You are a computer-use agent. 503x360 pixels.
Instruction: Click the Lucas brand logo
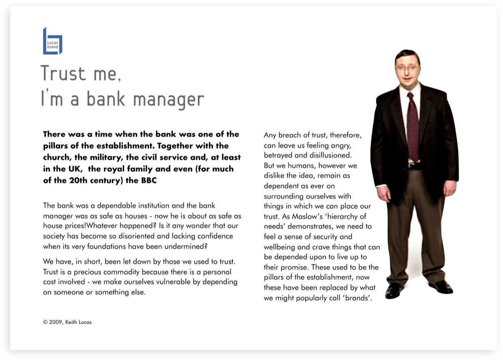52,41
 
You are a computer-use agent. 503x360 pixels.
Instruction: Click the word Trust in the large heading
63,73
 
